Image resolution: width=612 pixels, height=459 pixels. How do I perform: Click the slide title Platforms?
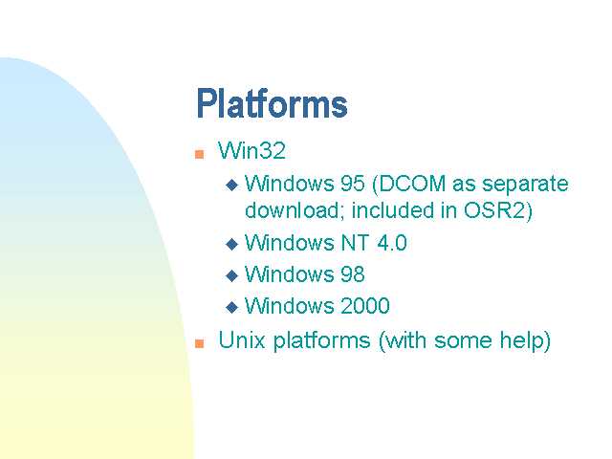(x=272, y=103)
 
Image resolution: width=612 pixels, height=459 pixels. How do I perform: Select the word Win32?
(x=251, y=151)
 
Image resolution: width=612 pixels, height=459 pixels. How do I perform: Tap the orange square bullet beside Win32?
(x=200, y=154)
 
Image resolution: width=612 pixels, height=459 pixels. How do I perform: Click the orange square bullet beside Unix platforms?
(x=200, y=343)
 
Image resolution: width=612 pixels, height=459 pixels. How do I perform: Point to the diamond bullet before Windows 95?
(x=231, y=185)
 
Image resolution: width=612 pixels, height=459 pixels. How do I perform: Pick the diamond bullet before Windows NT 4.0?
(x=231, y=245)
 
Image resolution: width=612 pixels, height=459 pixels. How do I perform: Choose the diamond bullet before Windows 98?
(x=231, y=275)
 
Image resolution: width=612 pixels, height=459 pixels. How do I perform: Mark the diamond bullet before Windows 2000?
(x=231, y=307)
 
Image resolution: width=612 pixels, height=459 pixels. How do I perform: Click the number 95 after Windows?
(x=353, y=184)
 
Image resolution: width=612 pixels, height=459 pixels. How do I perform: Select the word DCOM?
(x=412, y=184)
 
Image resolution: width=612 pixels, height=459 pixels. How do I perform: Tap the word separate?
(x=525, y=185)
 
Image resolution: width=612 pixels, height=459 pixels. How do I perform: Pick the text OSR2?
(x=493, y=210)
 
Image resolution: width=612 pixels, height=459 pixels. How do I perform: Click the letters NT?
(x=355, y=243)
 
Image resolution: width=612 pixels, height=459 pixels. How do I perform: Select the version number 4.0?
(x=392, y=243)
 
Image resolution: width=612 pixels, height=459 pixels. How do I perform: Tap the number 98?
(x=353, y=274)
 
